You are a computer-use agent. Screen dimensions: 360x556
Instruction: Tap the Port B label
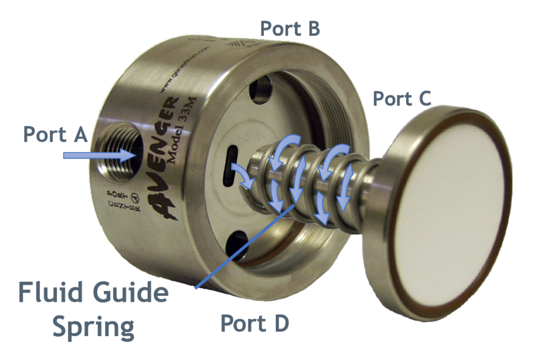coord(290,29)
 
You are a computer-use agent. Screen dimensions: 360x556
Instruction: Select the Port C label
coord(402,99)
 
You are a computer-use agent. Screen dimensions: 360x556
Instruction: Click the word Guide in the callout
coord(130,294)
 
